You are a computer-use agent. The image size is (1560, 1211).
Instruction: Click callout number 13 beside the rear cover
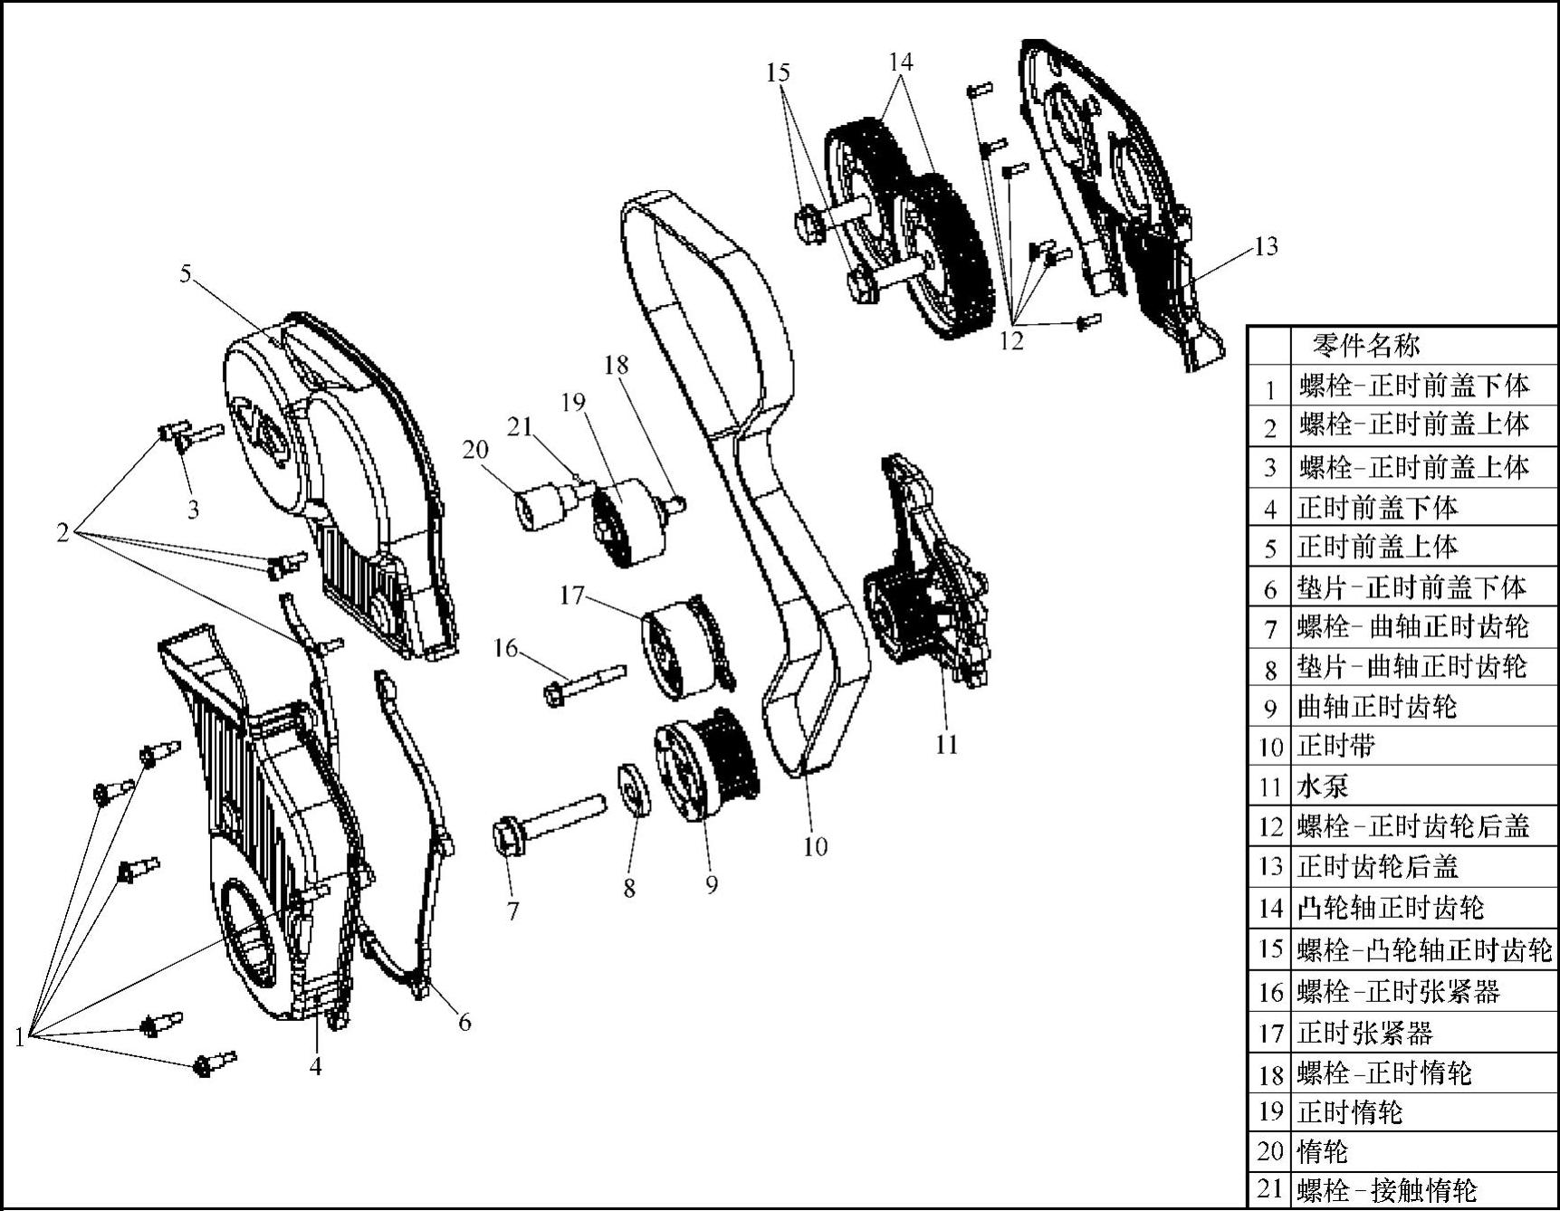pyautogui.click(x=1266, y=246)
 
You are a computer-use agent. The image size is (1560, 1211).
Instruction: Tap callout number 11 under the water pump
pyautogui.click(x=946, y=744)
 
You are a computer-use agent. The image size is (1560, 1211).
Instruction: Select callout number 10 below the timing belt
pyautogui.click(x=816, y=846)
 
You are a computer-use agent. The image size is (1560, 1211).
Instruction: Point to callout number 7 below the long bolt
pyautogui.click(x=513, y=911)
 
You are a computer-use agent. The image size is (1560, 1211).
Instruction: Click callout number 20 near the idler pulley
pyautogui.click(x=475, y=450)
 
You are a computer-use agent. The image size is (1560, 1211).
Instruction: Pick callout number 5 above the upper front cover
pyautogui.click(x=186, y=273)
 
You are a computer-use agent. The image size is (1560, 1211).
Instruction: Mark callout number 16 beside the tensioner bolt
pyautogui.click(x=505, y=648)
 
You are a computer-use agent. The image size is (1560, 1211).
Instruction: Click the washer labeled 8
pyautogui.click(x=635, y=791)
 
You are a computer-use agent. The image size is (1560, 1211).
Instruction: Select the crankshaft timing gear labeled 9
pyautogui.click(x=706, y=765)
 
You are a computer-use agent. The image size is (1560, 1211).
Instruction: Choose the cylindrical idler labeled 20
pyautogui.click(x=540, y=507)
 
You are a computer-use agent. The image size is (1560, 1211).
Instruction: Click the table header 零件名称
pyautogui.click(x=1366, y=345)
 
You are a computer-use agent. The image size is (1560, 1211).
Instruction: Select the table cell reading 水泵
pyautogui.click(x=1323, y=786)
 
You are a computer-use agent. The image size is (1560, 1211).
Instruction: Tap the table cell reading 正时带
pyautogui.click(x=1336, y=746)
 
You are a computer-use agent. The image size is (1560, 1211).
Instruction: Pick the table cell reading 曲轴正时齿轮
pyautogui.click(x=1377, y=706)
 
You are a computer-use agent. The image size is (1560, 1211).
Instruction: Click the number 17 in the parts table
pyautogui.click(x=1270, y=1033)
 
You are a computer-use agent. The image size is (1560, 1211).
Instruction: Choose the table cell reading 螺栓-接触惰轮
pyautogui.click(x=1387, y=1190)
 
